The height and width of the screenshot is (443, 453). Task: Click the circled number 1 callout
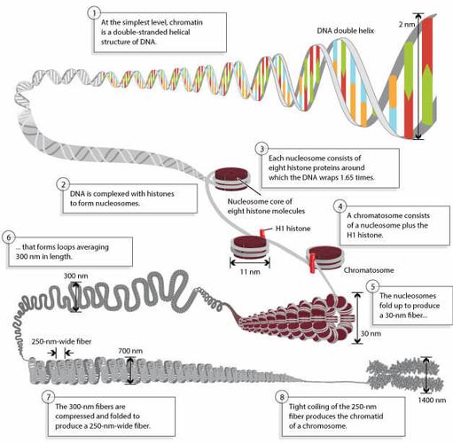(x=95, y=14)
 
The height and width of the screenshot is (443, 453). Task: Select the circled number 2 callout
(x=63, y=184)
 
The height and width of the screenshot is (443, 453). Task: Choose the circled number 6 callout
(x=9, y=237)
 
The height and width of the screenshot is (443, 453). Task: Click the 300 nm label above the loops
(x=76, y=276)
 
